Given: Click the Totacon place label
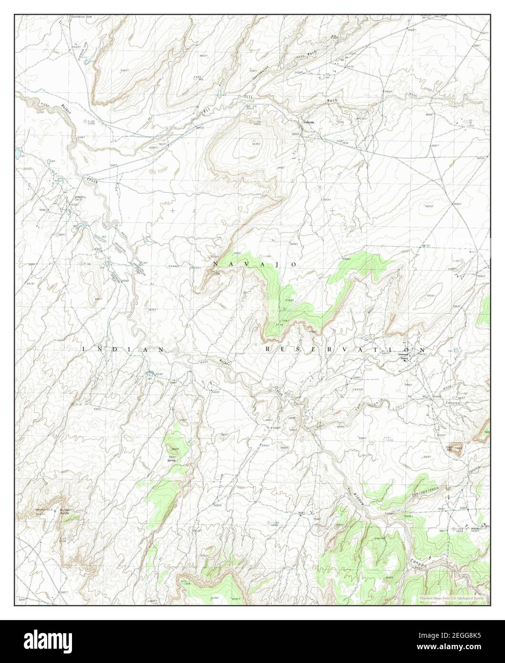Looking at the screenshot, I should pyautogui.click(x=309, y=122).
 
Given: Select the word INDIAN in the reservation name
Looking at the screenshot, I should pyautogui.click(x=124, y=350).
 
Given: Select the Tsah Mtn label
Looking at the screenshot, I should pyautogui.click(x=449, y=448).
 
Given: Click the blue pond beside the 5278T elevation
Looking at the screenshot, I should pyautogui.click(x=150, y=373).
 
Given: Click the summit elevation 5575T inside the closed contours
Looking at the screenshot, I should pyautogui.click(x=256, y=144).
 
